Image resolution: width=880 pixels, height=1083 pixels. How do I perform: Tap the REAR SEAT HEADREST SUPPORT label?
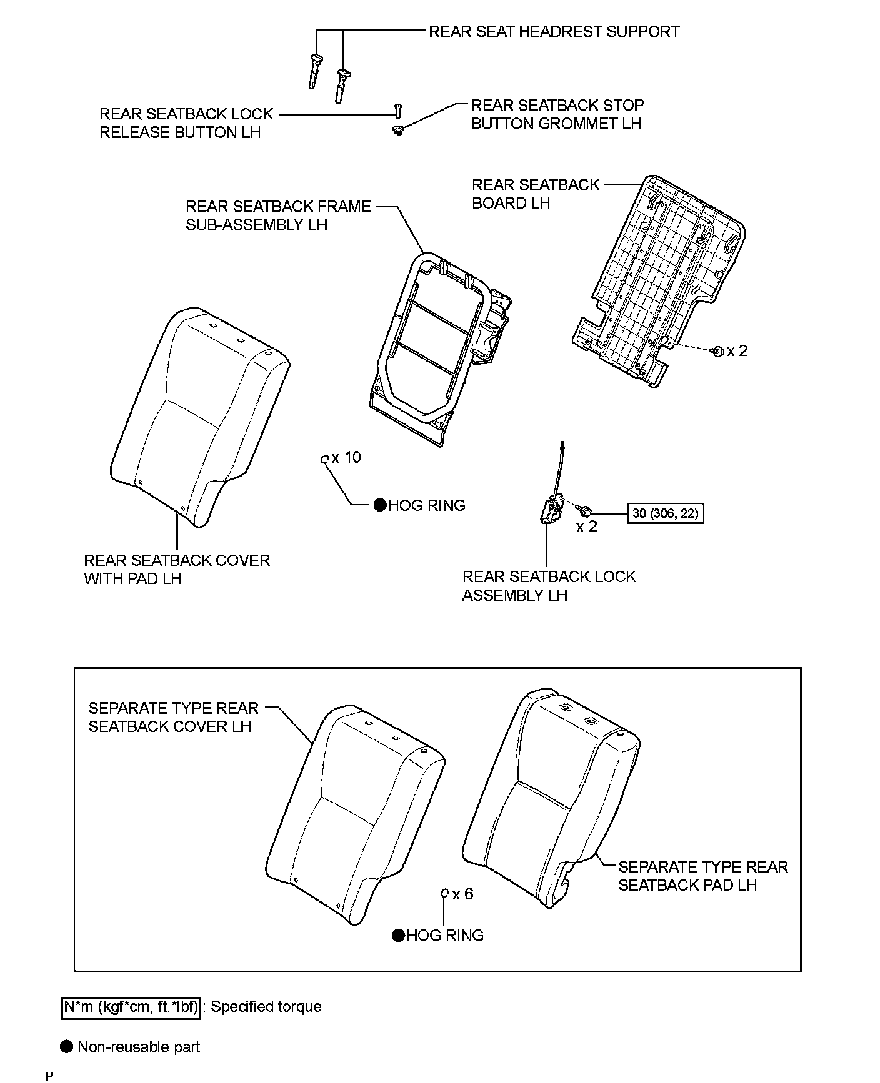(x=554, y=31)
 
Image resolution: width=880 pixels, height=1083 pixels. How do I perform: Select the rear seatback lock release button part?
(x=397, y=111)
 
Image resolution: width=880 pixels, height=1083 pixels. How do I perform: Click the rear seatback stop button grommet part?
(x=397, y=130)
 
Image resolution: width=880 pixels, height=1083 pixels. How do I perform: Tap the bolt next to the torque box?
(x=586, y=511)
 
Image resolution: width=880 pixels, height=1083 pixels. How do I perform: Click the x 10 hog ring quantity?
(x=346, y=458)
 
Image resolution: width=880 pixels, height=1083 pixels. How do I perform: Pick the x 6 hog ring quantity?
(x=462, y=894)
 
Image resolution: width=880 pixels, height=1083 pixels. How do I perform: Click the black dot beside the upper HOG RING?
(x=379, y=505)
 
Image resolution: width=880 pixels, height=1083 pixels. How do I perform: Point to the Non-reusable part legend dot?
(x=66, y=1047)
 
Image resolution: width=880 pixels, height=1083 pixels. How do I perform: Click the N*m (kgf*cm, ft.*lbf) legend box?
(x=131, y=1007)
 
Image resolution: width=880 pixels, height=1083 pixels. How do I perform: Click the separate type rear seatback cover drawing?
(x=356, y=818)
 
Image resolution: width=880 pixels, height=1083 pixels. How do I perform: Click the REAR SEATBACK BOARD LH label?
(x=536, y=194)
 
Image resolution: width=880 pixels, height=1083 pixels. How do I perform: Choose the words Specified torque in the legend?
(x=266, y=1007)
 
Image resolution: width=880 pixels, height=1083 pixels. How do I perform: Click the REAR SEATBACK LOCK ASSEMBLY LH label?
(x=549, y=586)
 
